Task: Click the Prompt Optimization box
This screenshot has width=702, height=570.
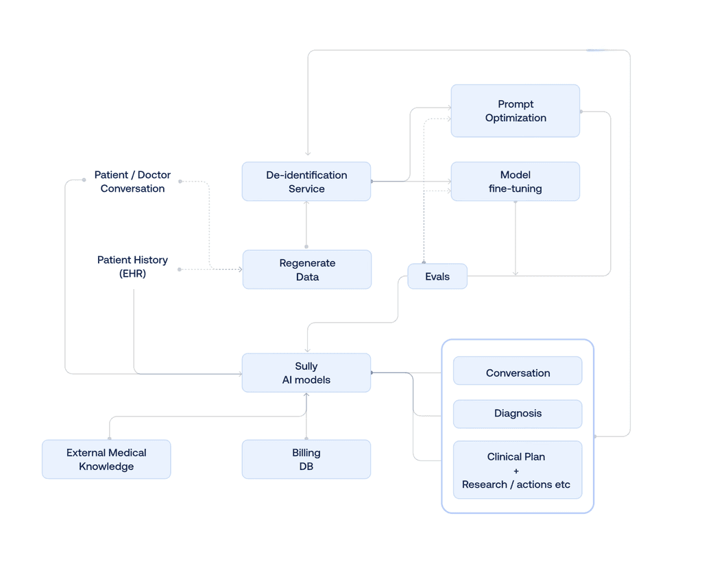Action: tap(515, 111)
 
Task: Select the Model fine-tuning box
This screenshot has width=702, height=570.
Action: tap(515, 182)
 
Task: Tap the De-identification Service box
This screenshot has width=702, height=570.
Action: tap(306, 182)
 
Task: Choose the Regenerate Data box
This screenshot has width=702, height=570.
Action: tap(306, 270)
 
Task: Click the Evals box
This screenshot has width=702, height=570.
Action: tap(437, 277)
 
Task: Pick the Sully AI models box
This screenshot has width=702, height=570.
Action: tap(306, 373)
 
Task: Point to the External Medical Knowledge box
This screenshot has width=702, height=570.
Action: tap(106, 459)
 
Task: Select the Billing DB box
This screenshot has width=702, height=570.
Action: tap(306, 459)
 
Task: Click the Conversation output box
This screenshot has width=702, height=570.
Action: tap(518, 373)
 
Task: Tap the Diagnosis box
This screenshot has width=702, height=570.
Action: tap(518, 414)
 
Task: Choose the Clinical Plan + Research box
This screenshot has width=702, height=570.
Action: tap(518, 470)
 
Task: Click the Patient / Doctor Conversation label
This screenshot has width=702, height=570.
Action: tap(132, 182)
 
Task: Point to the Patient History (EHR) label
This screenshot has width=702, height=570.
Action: tap(132, 267)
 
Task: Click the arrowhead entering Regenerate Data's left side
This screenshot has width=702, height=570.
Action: tap(239, 269)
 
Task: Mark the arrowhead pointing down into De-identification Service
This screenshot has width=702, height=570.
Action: tap(308, 153)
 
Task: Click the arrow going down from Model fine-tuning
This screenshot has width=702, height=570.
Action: tap(516, 240)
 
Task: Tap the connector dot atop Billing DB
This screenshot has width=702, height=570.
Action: tap(306, 438)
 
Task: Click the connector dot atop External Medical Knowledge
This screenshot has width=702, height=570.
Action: tap(110, 438)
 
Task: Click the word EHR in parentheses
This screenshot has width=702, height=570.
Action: tap(132, 273)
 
